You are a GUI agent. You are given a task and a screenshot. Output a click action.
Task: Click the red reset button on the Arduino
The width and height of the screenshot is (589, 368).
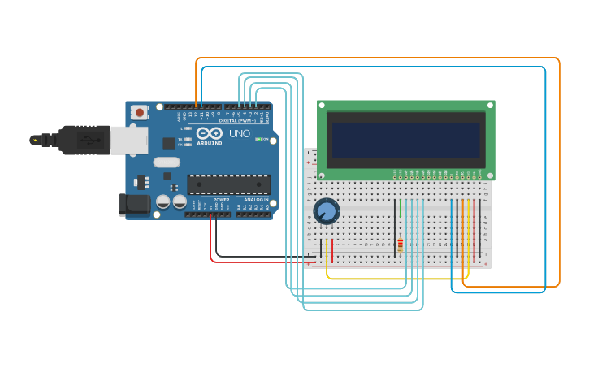tap(140, 112)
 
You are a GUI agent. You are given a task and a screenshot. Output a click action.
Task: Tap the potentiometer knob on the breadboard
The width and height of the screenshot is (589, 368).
tap(326, 211)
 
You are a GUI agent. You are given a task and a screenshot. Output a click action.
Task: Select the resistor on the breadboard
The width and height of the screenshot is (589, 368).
tap(400, 245)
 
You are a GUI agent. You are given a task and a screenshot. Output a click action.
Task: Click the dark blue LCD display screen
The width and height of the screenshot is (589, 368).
tap(405, 141)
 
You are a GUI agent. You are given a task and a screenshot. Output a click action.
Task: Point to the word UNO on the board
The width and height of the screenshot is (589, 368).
tap(240, 133)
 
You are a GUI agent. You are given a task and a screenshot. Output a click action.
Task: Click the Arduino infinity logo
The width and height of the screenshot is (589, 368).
tap(209, 133)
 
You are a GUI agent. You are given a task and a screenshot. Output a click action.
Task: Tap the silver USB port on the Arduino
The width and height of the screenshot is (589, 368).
tap(128, 140)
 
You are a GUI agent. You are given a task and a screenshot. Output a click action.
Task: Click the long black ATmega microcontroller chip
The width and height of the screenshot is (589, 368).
tap(228, 184)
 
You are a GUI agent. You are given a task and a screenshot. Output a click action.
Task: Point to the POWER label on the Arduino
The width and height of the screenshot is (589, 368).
tap(221, 200)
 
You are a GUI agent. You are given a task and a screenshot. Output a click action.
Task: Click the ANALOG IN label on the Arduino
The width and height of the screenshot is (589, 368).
tap(257, 200)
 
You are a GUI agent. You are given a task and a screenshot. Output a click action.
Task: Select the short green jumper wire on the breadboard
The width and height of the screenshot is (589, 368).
tap(400, 208)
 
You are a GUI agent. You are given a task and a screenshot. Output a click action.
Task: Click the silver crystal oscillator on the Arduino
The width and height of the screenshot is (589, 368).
tap(165, 162)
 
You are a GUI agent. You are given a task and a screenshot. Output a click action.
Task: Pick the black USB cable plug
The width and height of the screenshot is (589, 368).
tap(78, 140)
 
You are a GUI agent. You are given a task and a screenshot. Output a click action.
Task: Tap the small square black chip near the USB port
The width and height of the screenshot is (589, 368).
tap(168, 144)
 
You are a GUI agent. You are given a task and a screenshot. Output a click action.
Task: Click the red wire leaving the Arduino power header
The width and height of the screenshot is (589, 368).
tap(213, 244)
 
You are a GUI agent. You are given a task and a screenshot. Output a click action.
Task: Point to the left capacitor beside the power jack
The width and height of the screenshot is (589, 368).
tap(162, 201)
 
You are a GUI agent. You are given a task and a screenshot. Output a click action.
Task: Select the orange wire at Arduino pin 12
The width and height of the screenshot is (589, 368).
tap(197, 81)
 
